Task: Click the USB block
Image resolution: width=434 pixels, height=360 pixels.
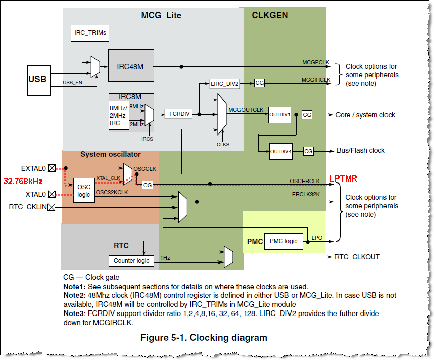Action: point(37,79)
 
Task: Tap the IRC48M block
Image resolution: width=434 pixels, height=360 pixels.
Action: point(131,65)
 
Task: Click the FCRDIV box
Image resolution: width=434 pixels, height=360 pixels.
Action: point(178,114)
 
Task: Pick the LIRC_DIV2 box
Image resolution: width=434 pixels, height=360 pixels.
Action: point(225,84)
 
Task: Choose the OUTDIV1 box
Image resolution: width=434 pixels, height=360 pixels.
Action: point(280,115)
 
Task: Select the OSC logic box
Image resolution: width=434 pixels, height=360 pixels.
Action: point(84,191)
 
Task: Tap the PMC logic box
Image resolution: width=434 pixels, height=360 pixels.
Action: point(284,241)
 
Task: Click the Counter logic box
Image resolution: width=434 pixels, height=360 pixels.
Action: point(131,261)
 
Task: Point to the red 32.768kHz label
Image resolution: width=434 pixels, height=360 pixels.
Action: point(23,181)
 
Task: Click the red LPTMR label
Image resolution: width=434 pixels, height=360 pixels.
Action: point(344,178)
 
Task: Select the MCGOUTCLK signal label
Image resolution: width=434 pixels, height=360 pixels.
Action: point(246,109)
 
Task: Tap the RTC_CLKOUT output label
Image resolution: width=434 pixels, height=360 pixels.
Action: point(357,257)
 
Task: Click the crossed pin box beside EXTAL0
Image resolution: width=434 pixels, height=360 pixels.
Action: point(51,168)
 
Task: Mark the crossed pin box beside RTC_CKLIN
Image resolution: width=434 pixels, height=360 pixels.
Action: point(51,207)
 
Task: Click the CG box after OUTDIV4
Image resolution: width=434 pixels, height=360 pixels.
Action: point(308,151)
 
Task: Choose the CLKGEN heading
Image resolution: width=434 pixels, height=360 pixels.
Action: point(270,15)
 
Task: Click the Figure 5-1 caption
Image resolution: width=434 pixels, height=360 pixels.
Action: point(203,337)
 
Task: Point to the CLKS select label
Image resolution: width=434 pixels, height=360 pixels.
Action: point(223,144)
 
